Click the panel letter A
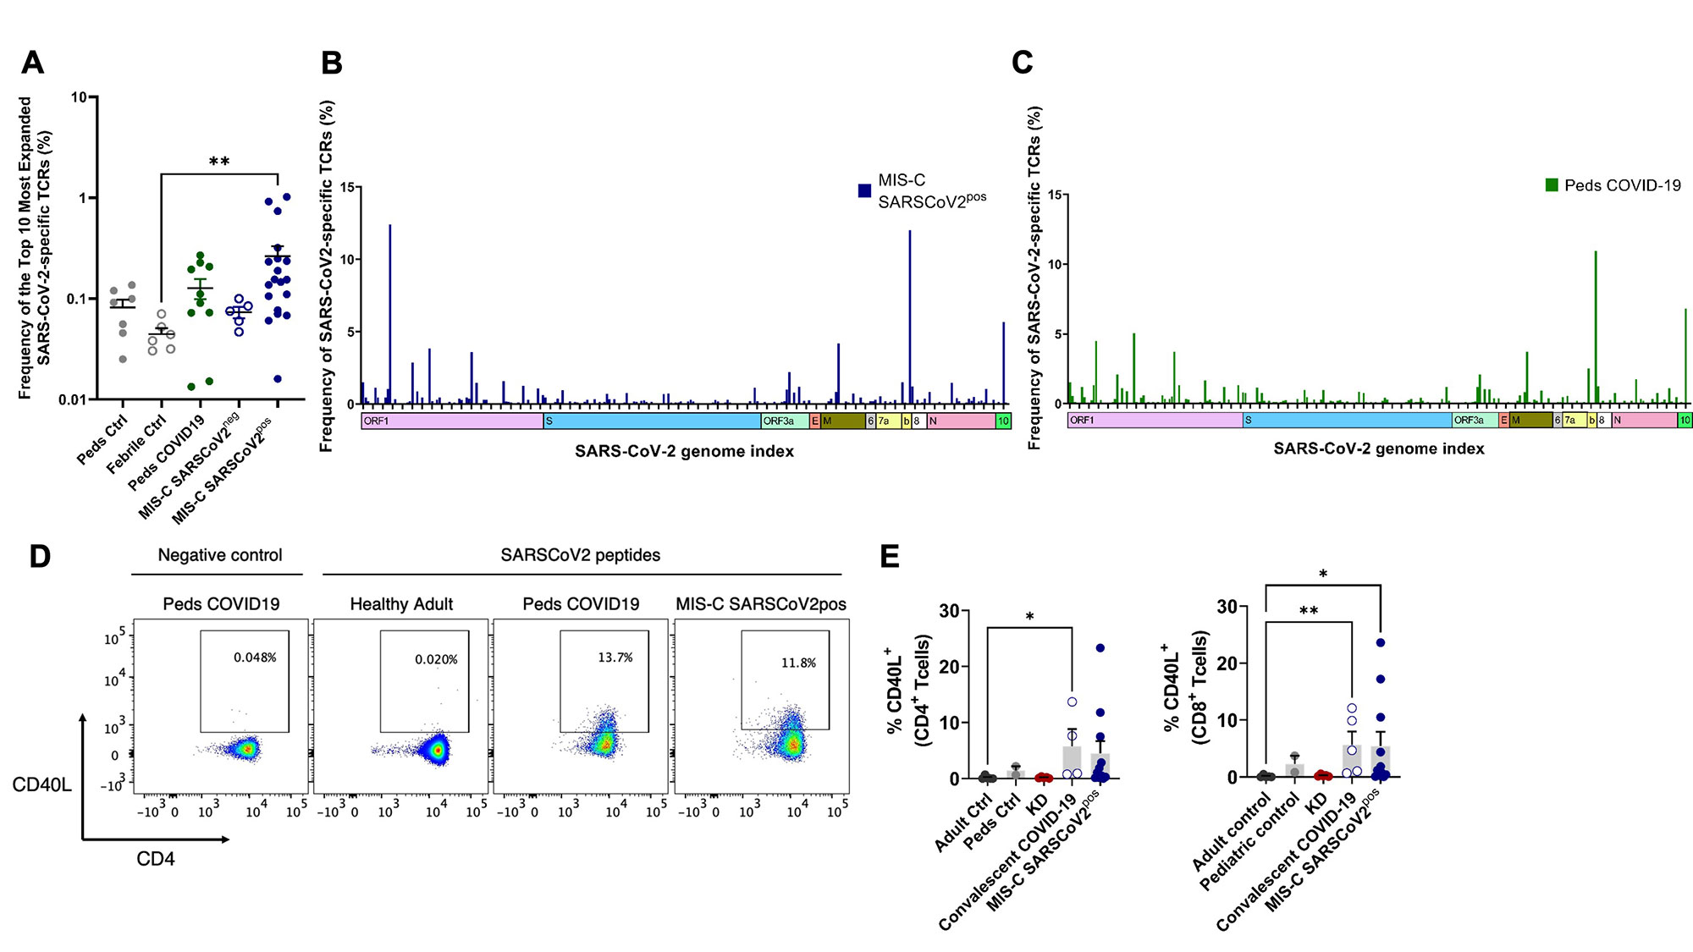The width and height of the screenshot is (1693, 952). click(x=32, y=63)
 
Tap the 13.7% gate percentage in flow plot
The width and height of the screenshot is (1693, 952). click(x=615, y=658)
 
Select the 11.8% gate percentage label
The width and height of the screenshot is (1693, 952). click(x=798, y=663)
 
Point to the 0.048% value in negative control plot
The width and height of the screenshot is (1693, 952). click(x=255, y=658)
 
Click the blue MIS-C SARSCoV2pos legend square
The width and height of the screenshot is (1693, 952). click(x=864, y=191)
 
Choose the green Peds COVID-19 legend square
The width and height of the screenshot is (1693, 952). click(x=1552, y=185)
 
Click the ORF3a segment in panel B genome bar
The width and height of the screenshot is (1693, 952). click(x=784, y=421)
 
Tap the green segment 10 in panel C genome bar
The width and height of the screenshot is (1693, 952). click(x=1685, y=420)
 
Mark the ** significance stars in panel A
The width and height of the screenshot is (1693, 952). click(x=219, y=162)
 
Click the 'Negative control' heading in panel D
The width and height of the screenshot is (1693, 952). click(x=220, y=555)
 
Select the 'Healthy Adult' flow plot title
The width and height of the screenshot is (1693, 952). click(x=401, y=604)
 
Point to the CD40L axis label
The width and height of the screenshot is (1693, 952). click(x=41, y=784)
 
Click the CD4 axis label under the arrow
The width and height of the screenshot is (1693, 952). click(x=156, y=859)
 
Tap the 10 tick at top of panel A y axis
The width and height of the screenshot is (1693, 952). click(x=79, y=97)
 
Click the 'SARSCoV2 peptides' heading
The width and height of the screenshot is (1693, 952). click(x=580, y=555)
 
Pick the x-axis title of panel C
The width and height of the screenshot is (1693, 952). click(x=1378, y=448)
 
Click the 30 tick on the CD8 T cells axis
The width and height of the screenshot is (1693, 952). click(x=1227, y=607)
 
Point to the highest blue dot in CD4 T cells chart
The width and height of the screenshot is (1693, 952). click(x=1100, y=648)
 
